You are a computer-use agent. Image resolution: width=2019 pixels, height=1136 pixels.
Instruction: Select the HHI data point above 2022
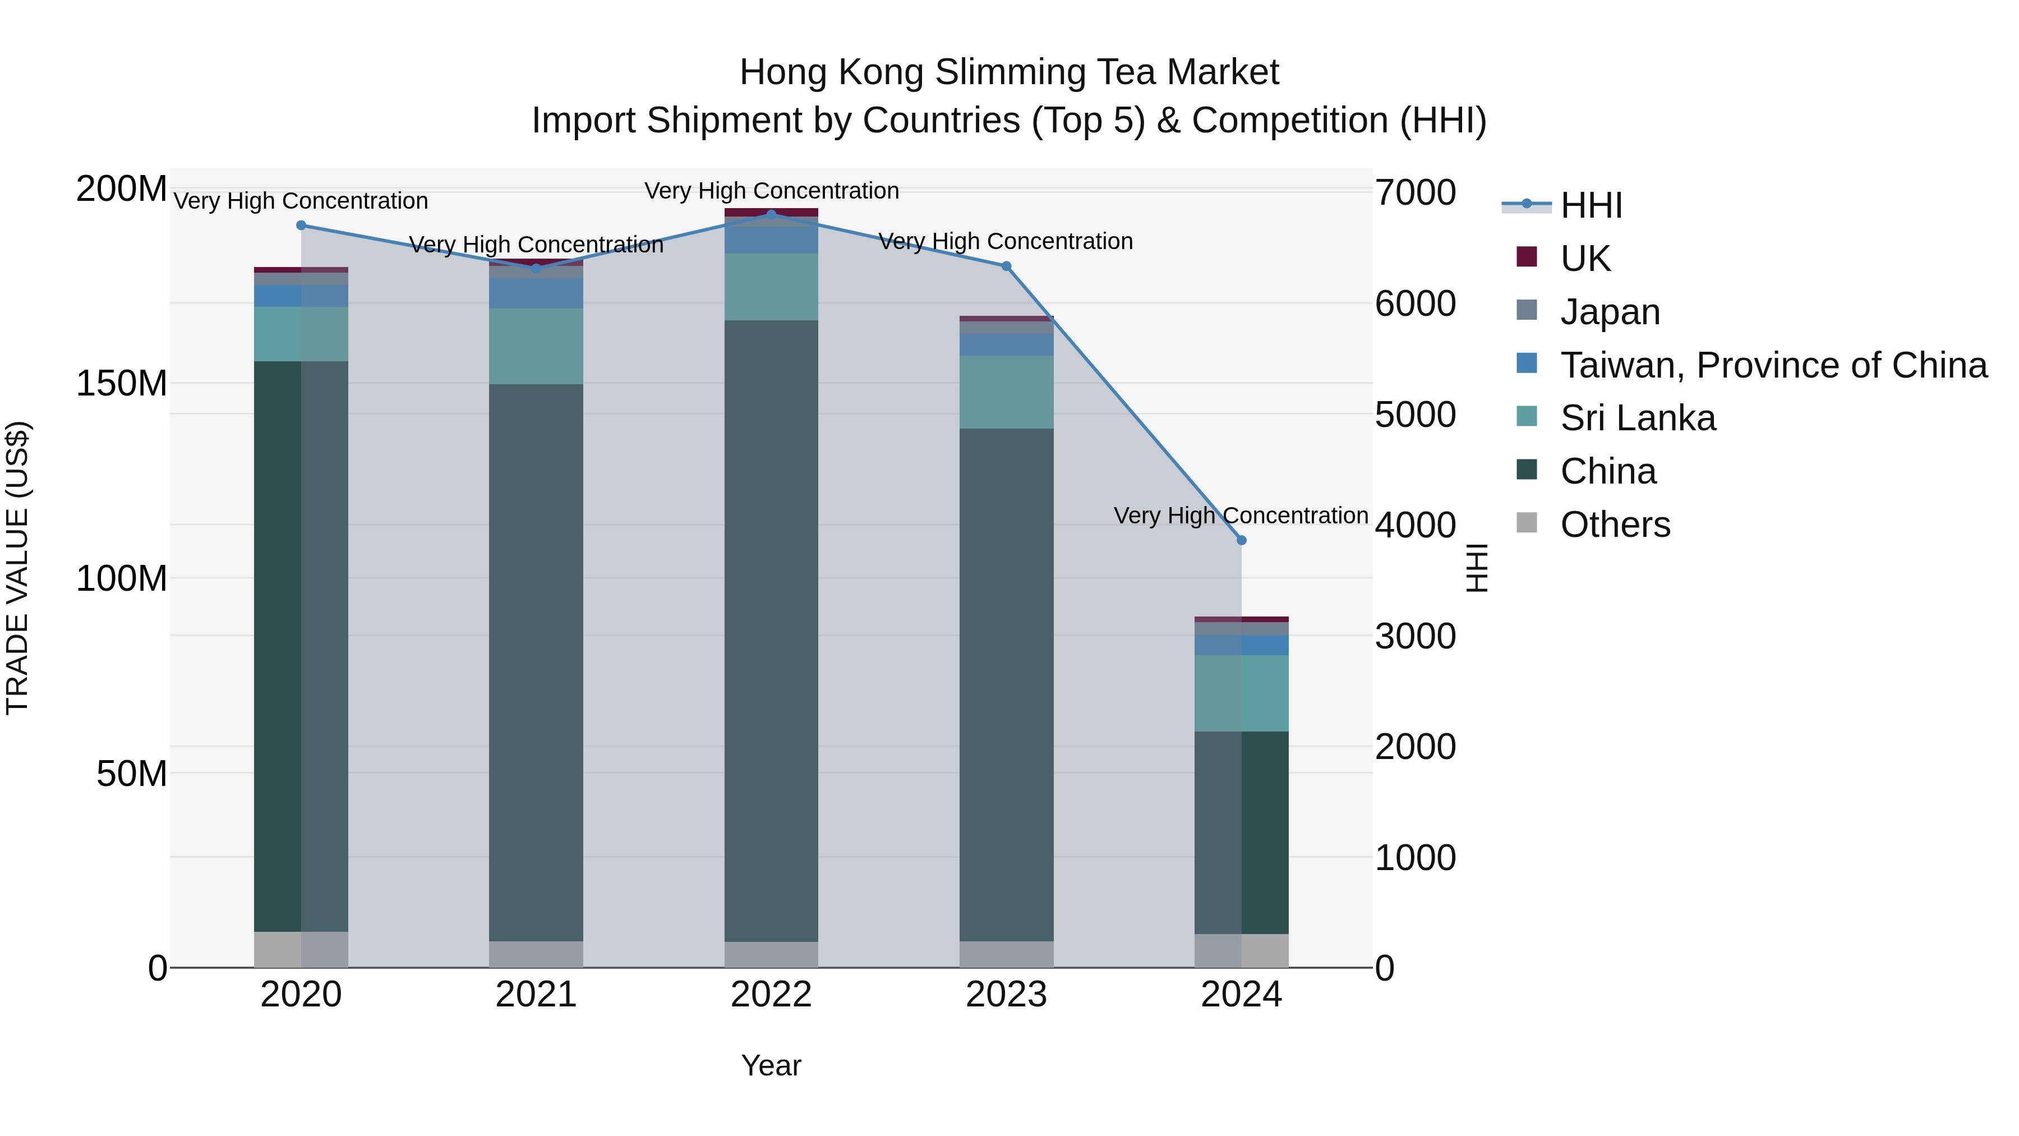coord(771,215)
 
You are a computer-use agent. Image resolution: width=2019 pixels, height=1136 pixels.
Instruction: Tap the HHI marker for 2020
coord(301,226)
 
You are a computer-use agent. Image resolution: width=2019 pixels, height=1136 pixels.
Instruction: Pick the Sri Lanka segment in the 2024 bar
coord(1242,693)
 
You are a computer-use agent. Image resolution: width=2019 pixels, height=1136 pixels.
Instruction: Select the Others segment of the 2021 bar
coord(536,954)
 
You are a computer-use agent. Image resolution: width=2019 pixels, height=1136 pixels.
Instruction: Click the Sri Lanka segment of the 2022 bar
coord(771,287)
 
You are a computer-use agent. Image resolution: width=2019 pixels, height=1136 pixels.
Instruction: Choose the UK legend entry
coord(1585,259)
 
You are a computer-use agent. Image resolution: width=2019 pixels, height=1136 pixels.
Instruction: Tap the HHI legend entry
coord(1591,205)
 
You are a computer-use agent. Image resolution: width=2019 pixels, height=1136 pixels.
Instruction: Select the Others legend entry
coord(1615,525)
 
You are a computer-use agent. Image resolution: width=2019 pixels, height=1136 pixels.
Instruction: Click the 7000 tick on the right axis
coord(1416,193)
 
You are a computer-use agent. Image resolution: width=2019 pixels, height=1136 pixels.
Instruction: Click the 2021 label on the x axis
coord(536,995)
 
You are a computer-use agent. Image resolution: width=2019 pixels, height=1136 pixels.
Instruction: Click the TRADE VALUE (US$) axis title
coord(17,568)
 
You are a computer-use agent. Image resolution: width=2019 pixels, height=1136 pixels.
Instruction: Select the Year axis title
coord(771,1065)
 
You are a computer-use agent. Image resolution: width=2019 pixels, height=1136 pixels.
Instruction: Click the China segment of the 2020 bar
coord(301,646)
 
